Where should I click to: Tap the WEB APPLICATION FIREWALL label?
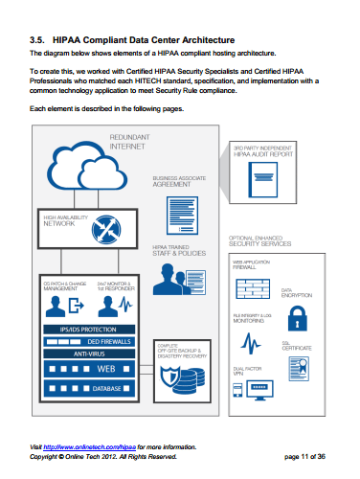pyautogui.click(x=252, y=263)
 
